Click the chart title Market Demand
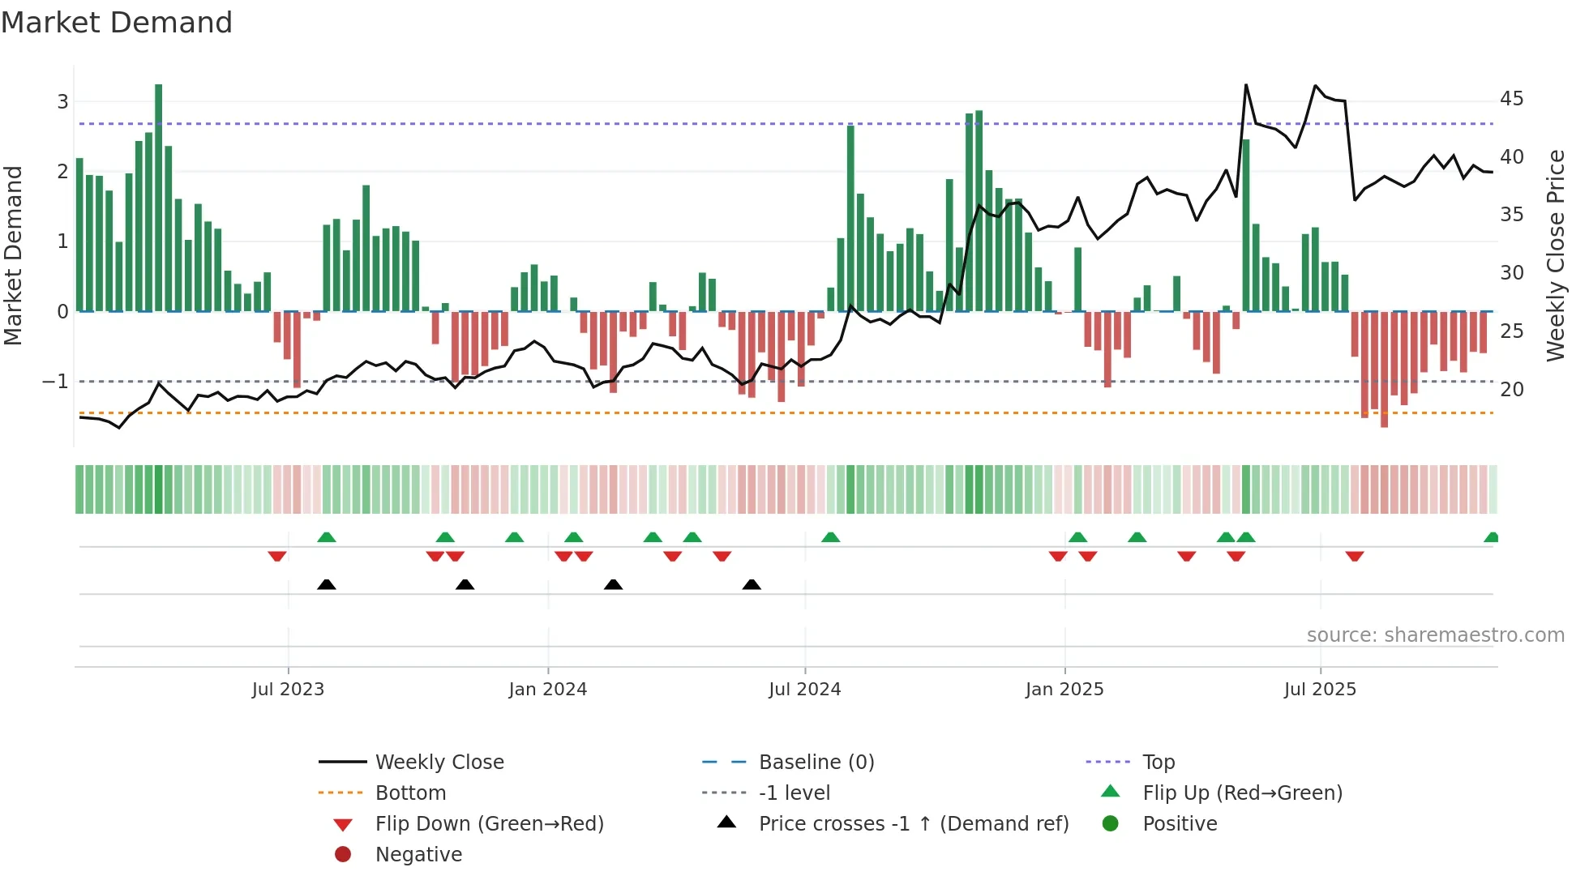[x=117, y=23]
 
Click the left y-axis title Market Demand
[x=14, y=255]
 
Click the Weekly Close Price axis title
[x=1555, y=255]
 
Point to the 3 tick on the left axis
[x=62, y=102]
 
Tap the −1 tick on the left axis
[x=55, y=382]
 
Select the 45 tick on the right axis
[x=1511, y=99]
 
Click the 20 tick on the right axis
[x=1511, y=390]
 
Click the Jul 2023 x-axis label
[x=288, y=690]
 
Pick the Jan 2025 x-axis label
[x=1064, y=690]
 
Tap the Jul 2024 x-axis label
[x=804, y=690]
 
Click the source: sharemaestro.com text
[x=1435, y=635]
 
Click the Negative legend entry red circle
[x=343, y=855]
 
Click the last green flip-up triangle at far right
[x=1491, y=537]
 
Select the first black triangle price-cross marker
[x=326, y=584]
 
